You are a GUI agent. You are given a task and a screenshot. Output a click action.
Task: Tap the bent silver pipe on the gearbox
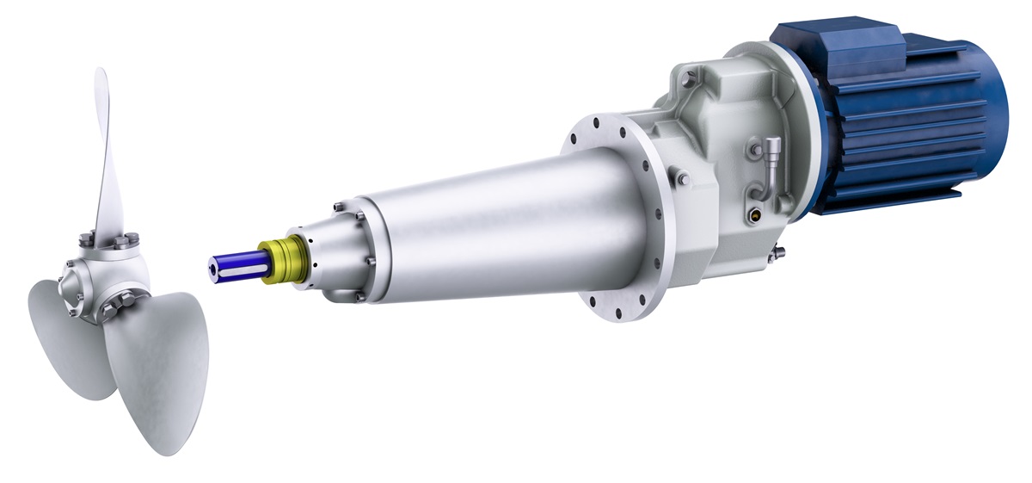[769, 164]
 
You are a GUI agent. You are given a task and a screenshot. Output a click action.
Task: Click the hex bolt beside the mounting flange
[682, 179]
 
